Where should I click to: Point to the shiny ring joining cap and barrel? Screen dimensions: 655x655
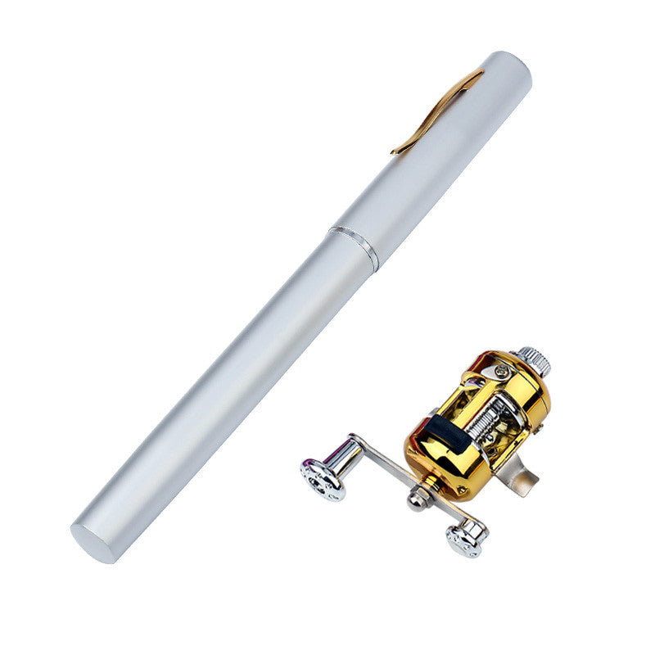point(354,246)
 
